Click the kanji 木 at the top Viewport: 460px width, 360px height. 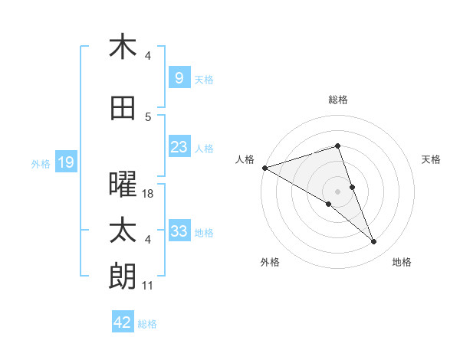[123, 47]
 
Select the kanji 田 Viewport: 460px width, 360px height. [123, 109]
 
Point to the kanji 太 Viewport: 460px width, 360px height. [123, 231]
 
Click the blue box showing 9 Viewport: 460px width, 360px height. [179, 78]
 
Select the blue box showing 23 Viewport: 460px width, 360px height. [179, 147]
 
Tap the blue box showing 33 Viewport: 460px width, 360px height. [179, 231]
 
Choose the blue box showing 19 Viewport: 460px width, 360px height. [65, 162]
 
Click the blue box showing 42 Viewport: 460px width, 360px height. [123, 322]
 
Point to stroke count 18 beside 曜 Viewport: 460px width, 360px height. [148, 194]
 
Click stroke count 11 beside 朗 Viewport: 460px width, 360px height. [148, 286]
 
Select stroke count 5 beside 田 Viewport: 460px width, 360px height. [148, 117]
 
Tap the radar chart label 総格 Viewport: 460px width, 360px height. [338, 100]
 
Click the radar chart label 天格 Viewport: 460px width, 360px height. [432, 159]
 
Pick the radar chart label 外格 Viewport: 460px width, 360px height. [270, 262]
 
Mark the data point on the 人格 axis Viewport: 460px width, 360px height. [264, 167]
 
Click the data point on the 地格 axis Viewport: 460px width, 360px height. [374, 242]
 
